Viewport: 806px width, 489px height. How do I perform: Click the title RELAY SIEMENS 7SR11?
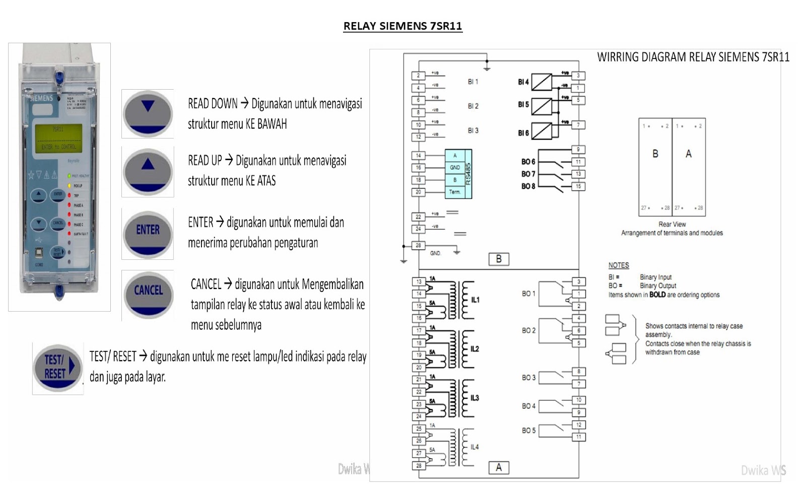point(402,26)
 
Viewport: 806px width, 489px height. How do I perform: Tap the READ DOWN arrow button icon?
point(148,114)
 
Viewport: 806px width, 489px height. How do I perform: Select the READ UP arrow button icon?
point(148,171)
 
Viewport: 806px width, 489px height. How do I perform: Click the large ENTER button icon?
point(148,234)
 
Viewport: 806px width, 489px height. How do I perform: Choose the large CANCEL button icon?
point(148,295)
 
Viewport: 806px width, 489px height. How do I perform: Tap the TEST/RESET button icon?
point(58,368)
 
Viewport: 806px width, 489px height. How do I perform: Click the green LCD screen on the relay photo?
point(58,138)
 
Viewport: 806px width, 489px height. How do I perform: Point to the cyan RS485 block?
point(458,174)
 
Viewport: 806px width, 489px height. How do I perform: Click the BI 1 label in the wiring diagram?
point(473,82)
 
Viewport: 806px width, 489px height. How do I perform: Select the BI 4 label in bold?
point(523,82)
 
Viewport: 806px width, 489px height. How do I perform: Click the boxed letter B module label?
point(499,259)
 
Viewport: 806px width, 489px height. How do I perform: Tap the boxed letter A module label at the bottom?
point(499,467)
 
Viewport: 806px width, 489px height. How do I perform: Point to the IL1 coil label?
point(475,300)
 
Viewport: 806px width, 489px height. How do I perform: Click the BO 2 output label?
point(528,331)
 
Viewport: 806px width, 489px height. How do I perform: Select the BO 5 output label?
point(528,431)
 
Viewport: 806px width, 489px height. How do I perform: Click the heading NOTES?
point(619,265)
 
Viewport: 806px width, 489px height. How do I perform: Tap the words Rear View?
point(672,224)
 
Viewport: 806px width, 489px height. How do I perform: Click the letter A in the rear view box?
point(689,154)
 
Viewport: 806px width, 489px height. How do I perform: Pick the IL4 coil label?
point(475,447)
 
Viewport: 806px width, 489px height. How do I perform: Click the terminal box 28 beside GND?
point(418,246)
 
